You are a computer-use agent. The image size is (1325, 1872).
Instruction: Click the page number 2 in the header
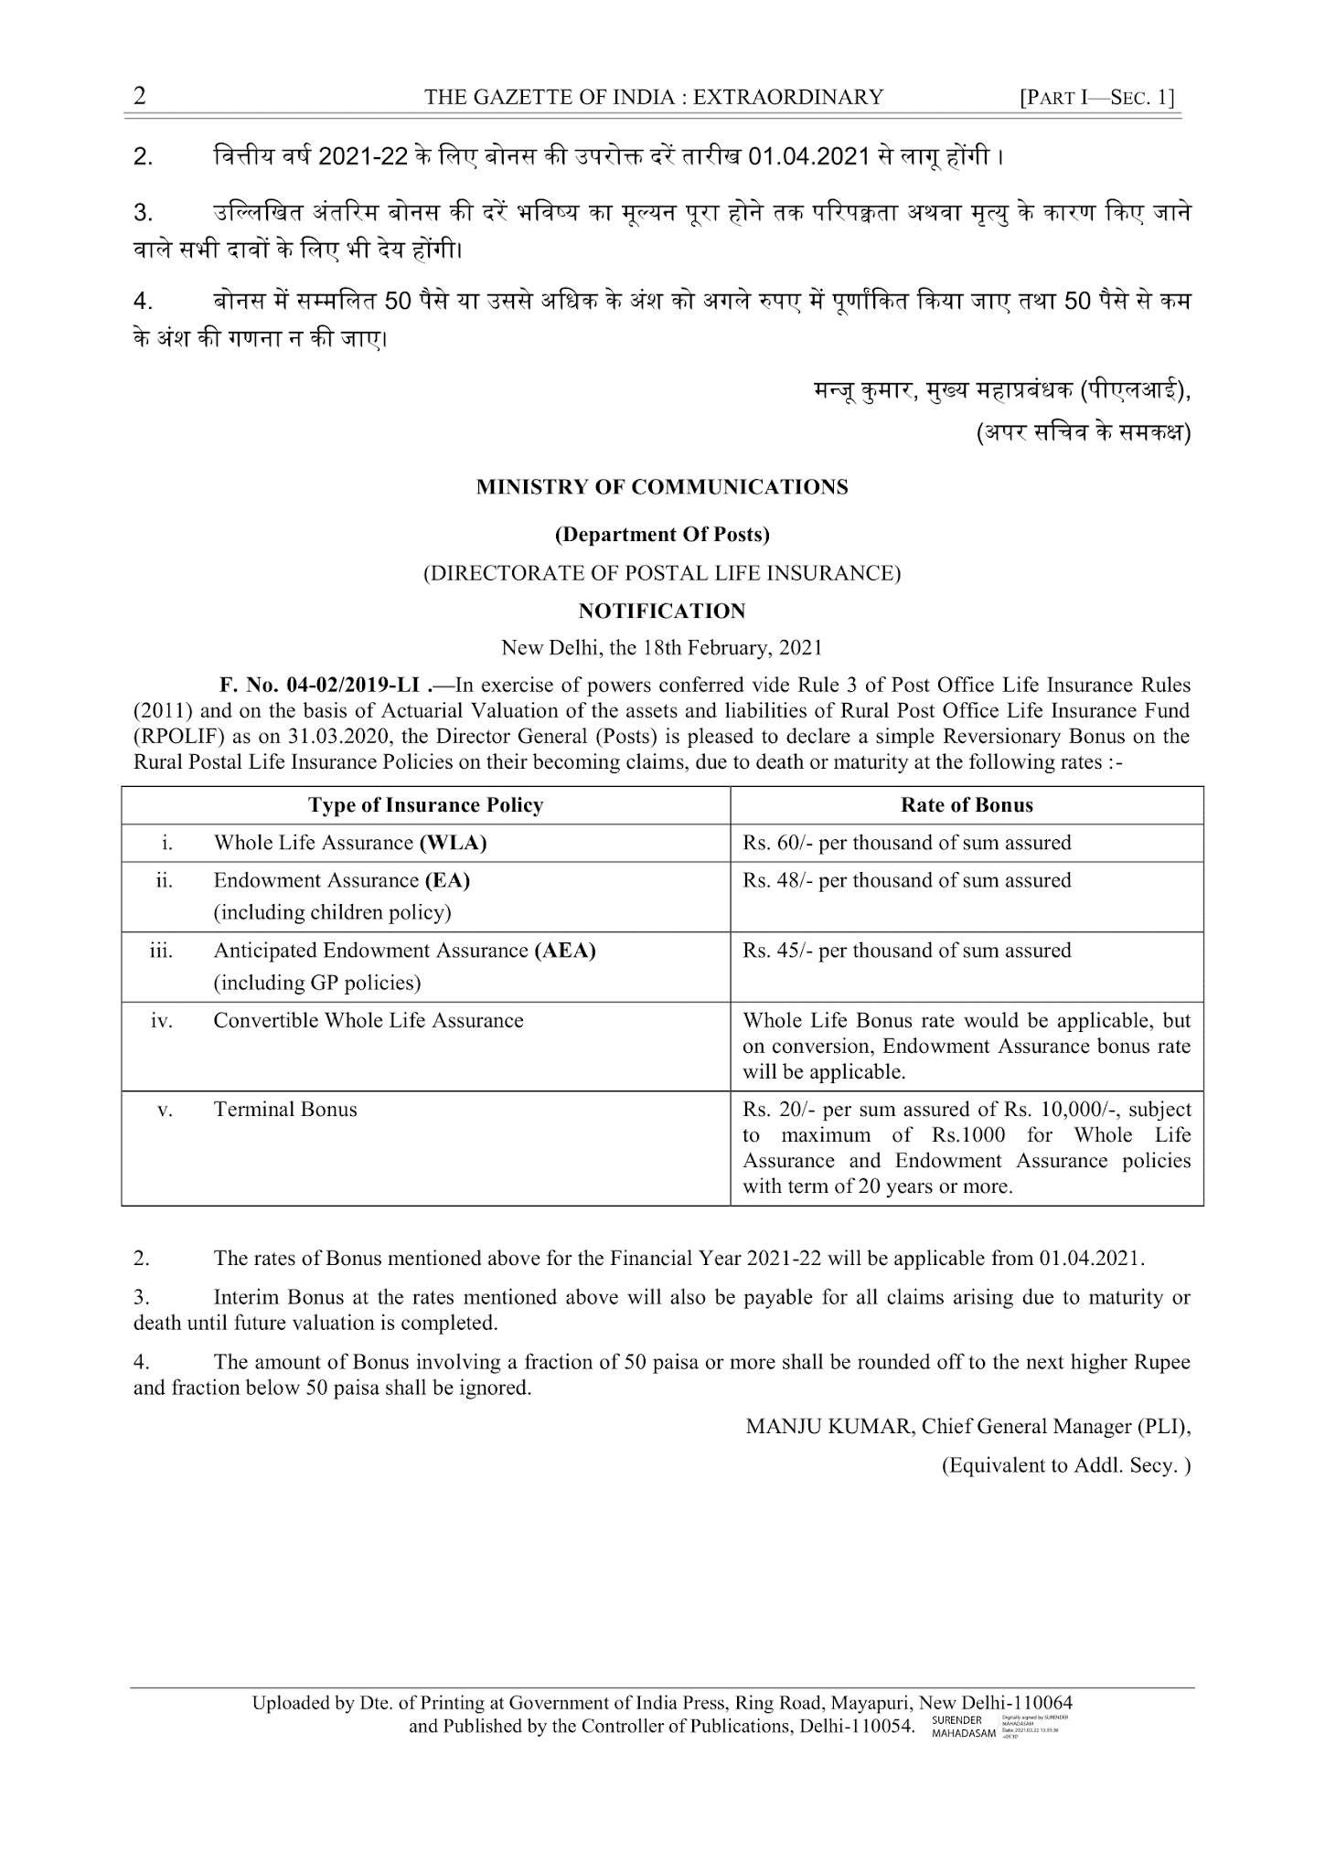(x=140, y=96)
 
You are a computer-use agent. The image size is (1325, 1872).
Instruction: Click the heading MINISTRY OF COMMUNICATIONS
(x=662, y=487)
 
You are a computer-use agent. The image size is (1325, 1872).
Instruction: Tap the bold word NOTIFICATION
(x=662, y=611)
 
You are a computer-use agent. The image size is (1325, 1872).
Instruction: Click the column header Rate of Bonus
(x=967, y=805)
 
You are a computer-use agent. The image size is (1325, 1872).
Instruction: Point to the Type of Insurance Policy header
(x=425, y=805)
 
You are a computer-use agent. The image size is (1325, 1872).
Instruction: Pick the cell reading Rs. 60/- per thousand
(x=906, y=843)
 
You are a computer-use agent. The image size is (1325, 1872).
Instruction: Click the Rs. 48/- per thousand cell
(x=906, y=880)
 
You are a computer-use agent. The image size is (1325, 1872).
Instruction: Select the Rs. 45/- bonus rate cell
(x=906, y=951)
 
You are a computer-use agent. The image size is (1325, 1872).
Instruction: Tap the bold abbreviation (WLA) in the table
(x=453, y=843)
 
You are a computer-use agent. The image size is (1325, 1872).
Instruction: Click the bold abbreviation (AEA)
(x=565, y=951)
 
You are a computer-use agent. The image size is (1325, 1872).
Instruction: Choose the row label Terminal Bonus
(x=285, y=1110)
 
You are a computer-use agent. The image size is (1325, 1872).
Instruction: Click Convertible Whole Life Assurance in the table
(x=369, y=1021)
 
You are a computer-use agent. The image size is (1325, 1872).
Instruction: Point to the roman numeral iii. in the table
(x=161, y=951)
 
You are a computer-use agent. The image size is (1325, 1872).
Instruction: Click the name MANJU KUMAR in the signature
(x=828, y=1427)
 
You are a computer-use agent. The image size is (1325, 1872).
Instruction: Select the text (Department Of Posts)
(x=662, y=534)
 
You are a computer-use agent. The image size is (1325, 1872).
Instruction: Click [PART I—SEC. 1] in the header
(x=1097, y=97)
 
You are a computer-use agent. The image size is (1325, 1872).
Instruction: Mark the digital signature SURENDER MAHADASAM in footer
(x=963, y=1727)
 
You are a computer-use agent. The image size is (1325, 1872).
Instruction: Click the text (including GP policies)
(x=317, y=984)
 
